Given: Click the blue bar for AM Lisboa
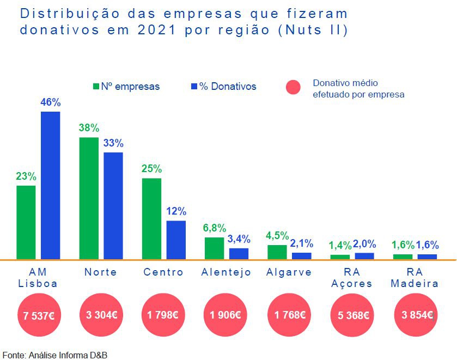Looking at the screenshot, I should click(x=51, y=185).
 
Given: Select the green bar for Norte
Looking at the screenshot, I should click(x=89, y=198).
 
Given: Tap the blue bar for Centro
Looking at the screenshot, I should click(x=176, y=240).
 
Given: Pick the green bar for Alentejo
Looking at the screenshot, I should click(x=214, y=248).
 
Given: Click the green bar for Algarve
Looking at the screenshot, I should click(x=277, y=252).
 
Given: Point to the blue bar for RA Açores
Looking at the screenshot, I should click(x=364, y=256).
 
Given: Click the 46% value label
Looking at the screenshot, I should click(x=51, y=102).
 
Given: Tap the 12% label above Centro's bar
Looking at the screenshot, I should click(x=176, y=211).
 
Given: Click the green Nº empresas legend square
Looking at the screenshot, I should click(x=96, y=87).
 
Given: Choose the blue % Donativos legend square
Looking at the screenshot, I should click(x=194, y=87).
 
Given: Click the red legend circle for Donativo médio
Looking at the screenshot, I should click(x=294, y=87).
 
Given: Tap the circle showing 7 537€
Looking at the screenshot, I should click(x=39, y=315).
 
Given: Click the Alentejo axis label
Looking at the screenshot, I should click(x=226, y=272).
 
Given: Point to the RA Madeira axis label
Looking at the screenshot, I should click(x=415, y=278).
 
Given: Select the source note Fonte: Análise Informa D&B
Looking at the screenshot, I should click(x=55, y=355).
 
